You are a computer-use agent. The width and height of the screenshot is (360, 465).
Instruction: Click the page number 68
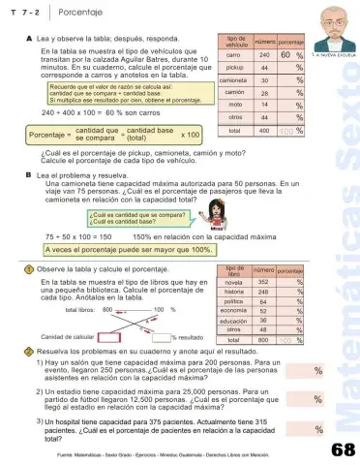[341, 449]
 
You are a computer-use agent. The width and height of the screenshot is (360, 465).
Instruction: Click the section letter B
[28, 175]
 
